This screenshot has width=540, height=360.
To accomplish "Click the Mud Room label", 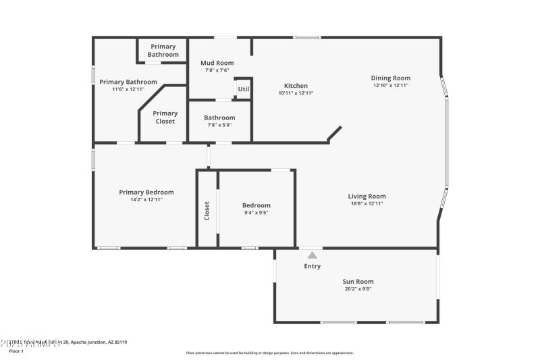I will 217,63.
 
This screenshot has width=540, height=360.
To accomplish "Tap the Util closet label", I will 243,88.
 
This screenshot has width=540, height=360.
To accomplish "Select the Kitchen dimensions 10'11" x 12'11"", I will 296,93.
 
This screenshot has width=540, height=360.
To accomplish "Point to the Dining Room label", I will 391,78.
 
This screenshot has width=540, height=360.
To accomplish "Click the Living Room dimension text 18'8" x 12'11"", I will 367,203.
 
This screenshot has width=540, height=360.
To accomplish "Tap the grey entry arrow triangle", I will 312,255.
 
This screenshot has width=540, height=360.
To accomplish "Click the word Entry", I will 313,266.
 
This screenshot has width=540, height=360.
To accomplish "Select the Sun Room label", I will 358,282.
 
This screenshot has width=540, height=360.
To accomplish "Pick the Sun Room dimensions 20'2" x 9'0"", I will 358,289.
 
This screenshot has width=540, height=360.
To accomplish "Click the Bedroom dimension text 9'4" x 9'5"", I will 256,213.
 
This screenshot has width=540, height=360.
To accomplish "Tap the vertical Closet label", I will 207,211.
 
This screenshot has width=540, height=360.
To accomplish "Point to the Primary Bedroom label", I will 146,192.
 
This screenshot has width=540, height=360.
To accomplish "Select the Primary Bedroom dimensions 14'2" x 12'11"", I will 146,199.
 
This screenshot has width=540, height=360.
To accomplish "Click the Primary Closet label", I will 165,118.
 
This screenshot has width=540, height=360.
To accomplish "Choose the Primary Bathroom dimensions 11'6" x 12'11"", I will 128,89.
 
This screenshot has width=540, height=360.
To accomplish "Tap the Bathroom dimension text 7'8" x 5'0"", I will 219,125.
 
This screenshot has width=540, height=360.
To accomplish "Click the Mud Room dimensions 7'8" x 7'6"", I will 217,70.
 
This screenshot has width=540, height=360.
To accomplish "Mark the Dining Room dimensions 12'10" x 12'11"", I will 391,85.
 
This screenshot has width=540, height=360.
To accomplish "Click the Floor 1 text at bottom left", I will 16,351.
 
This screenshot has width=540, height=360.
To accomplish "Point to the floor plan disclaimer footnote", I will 269,353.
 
